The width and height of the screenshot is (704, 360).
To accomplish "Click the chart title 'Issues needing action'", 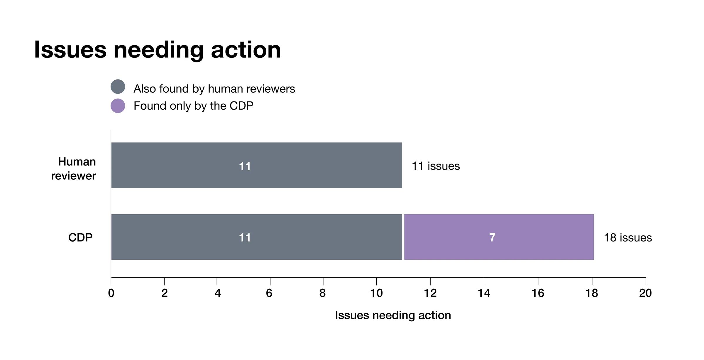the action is coord(158,50).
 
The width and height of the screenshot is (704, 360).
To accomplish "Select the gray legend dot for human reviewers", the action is coord(118,87).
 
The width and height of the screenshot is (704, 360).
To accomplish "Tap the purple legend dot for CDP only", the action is coord(118,106).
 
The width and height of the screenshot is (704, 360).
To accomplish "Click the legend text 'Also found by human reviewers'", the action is coord(214,89).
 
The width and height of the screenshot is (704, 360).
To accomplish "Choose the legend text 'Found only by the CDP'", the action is coord(193,106).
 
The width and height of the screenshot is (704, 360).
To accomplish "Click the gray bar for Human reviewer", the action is coord(256,165).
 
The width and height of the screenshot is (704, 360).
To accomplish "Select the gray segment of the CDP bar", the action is coord(256,237).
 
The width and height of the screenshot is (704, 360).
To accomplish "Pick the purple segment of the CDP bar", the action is coord(499,237).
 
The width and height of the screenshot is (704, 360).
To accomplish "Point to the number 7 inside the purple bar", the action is coord(492,237).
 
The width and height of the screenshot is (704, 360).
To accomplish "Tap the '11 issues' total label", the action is coord(436,166).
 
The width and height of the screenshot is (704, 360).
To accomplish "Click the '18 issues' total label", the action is coord(628,237).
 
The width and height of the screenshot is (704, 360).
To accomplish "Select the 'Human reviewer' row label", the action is coord(74,169).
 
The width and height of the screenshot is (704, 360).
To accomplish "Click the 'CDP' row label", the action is coord(80,237).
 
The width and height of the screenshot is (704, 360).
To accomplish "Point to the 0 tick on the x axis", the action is coord(111,293).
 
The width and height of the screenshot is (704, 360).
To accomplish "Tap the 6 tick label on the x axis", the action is coord(269,293).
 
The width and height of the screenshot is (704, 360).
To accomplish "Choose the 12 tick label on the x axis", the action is coord(430,293).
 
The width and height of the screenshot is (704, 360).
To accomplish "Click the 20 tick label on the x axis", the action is coord(645,293).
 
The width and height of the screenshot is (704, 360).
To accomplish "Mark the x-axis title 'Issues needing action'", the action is coord(393,315).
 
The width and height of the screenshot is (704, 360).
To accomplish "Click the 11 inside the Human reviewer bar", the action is coord(245,167).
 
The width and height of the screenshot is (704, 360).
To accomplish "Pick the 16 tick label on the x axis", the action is coord(538,293).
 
